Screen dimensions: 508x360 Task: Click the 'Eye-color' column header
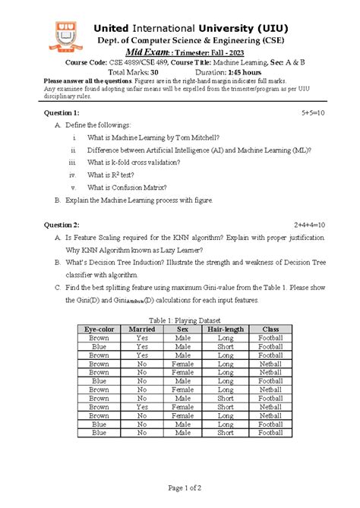tap(99, 329)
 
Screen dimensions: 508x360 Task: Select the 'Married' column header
tap(142, 329)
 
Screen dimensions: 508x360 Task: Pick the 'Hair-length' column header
tap(225, 329)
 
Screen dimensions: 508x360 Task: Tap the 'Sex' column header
tap(182, 329)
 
